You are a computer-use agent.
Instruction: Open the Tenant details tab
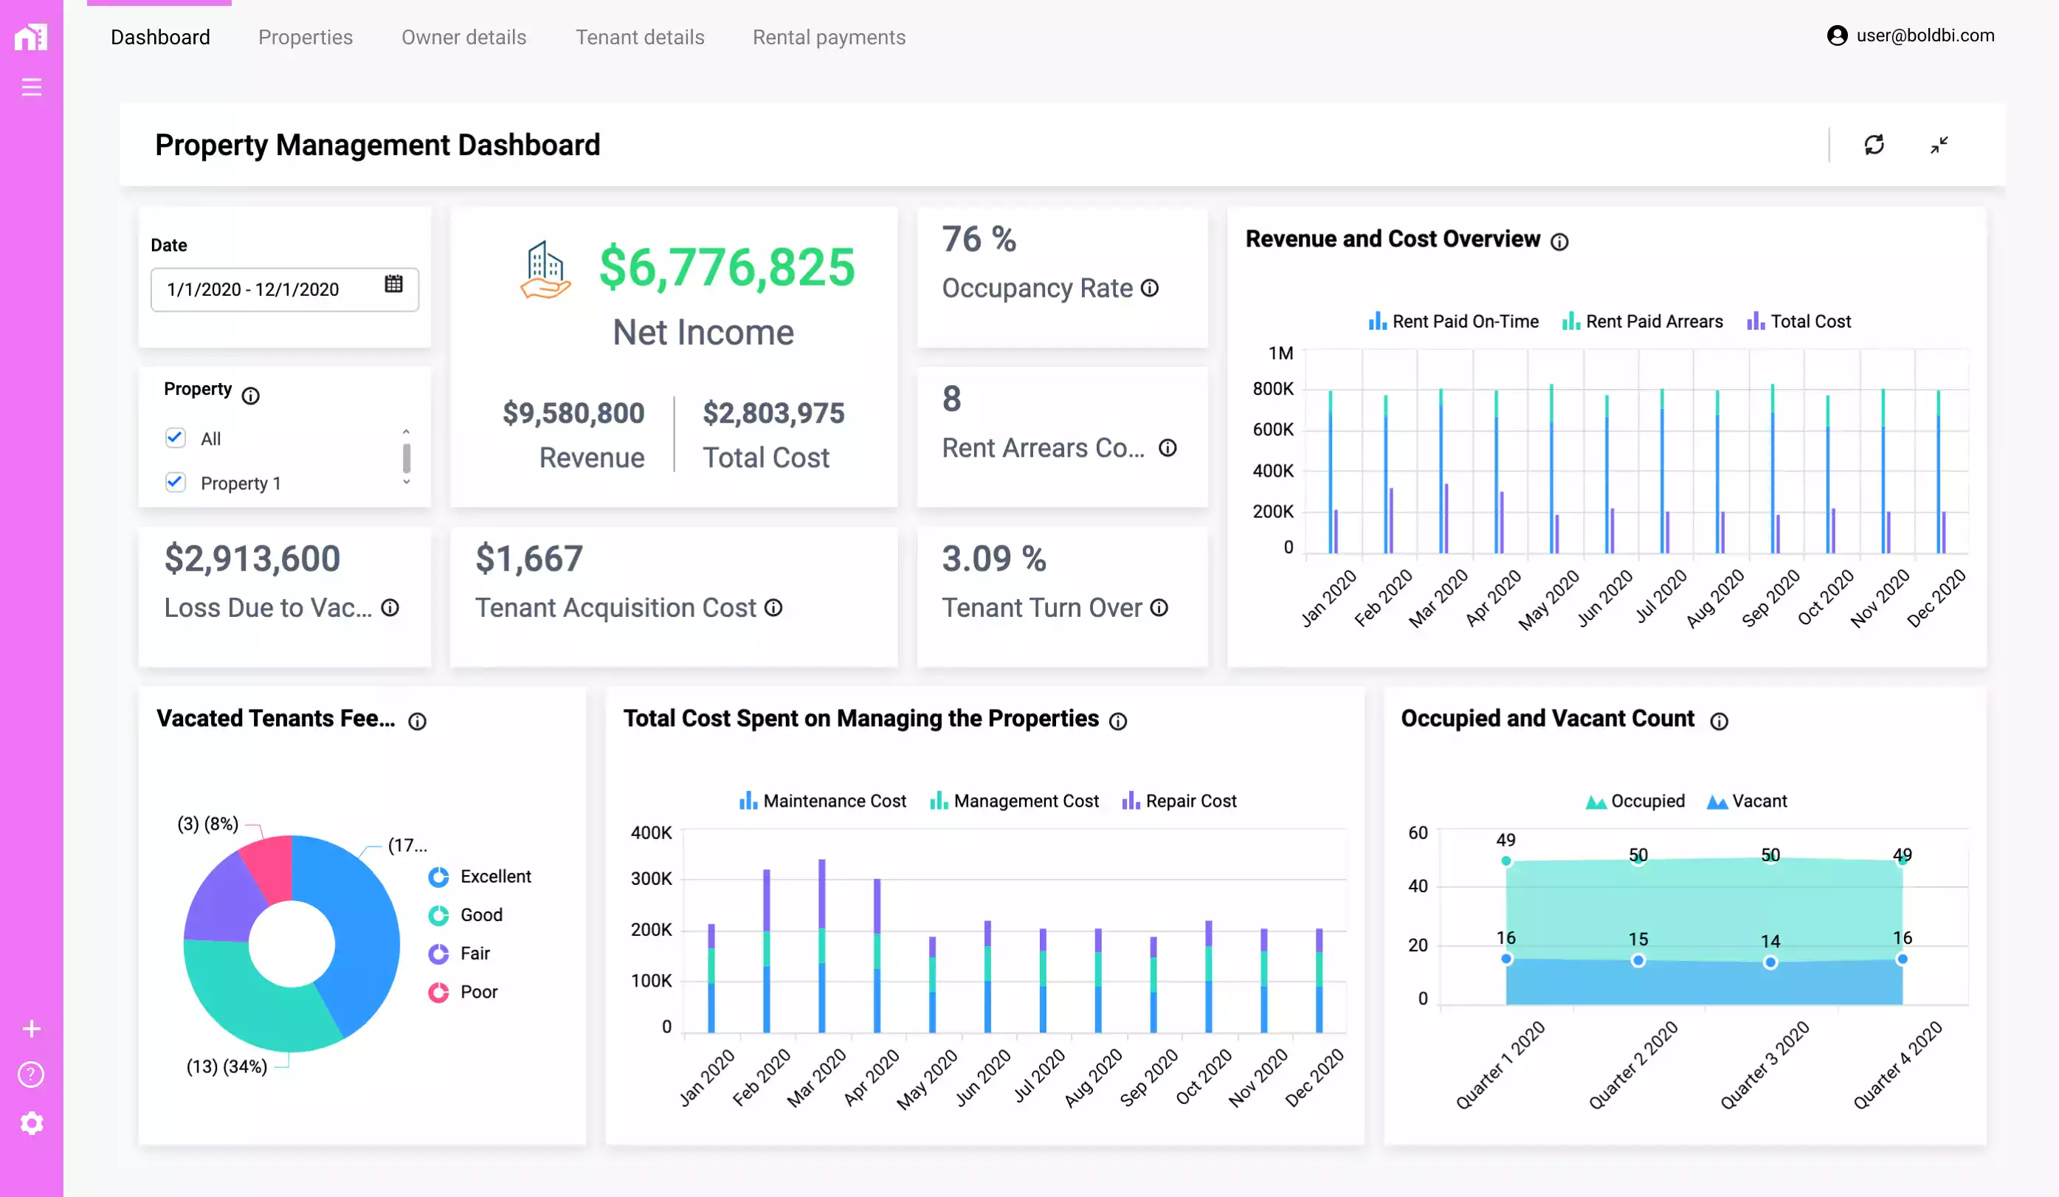pyautogui.click(x=639, y=37)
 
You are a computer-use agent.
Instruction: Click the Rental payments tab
pyautogui.click(x=829, y=37)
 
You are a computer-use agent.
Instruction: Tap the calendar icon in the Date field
pyautogui.click(x=393, y=283)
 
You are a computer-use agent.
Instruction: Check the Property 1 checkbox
pyautogui.click(x=175, y=482)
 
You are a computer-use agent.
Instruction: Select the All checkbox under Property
pyautogui.click(x=175, y=437)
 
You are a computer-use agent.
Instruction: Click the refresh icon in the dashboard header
pyautogui.click(x=1874, y=145)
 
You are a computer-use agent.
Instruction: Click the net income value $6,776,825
pyautogui.click(x=726, y=267)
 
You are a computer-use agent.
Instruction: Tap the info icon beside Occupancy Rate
pyautogui.click(x=1150, y=289)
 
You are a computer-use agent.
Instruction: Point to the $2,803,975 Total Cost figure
pyautogui.click(x=773, y=413)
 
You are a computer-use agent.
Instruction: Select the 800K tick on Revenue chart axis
pyautogui.click(x=1272, y=389)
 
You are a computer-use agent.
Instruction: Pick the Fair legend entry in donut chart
pyautogui.click(x=474, y=953)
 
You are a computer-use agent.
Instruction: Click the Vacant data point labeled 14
pyautogui.click(x=1770, y=962)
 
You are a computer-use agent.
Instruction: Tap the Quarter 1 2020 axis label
pyautogui.click(x=1500, y=1065)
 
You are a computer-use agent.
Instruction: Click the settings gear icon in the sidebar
pyautogui.click(x=31, y=1123)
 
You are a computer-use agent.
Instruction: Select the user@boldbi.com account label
pyautogui.click(x=1924, y=35)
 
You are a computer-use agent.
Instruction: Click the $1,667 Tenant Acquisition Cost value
pyautogui.click(x=528, y=559)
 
